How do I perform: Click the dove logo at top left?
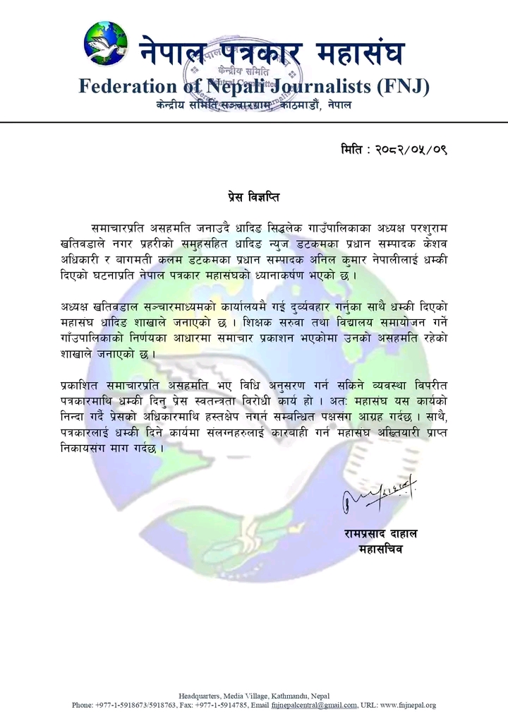(105, 44)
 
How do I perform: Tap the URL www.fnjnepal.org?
(409, 705)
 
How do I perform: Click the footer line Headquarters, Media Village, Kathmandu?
(253, 696)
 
